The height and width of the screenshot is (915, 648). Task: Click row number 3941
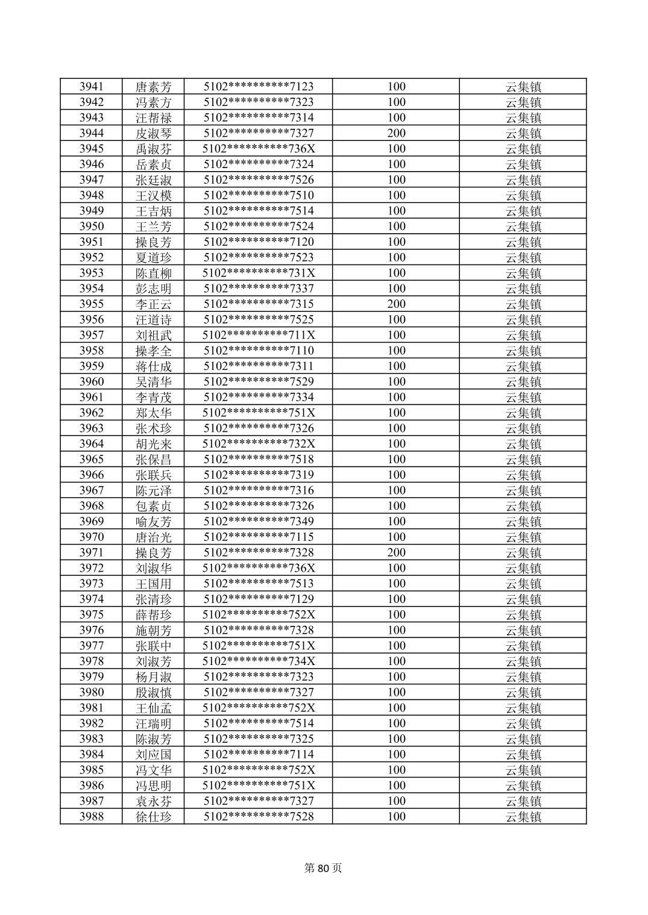tap(91, 87)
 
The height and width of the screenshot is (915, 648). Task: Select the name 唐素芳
tap(153, 87)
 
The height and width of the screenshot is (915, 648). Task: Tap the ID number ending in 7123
tap(258, 87)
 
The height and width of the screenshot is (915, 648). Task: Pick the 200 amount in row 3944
tap(396, 133)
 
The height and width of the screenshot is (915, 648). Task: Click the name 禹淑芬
tap(153, 149)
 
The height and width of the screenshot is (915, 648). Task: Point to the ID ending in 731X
tap(258, 273)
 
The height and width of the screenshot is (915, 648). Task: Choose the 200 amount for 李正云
tap(396, 304)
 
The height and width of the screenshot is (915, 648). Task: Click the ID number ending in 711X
tap(258, 335)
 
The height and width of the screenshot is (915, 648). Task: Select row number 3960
tap(91, 382)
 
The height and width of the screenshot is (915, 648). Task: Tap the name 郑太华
tap(153, 413)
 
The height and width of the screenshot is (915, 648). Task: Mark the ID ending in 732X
tap(258, 444)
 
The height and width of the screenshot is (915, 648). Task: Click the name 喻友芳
tap(153, 522)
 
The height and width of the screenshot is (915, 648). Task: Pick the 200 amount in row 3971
tap(396, 552)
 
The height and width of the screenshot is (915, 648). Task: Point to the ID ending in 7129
tap(258, 599)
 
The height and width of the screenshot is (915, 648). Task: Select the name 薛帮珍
tap(153, 615)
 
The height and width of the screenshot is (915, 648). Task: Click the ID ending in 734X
tap(258, 661)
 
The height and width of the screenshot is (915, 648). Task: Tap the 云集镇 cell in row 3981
tap(523, 708)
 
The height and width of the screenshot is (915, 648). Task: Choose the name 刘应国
tap(153, 755)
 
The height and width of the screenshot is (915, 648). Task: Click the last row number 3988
tap(91, 817)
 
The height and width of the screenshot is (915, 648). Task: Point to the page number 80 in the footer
tap(323, 868)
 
